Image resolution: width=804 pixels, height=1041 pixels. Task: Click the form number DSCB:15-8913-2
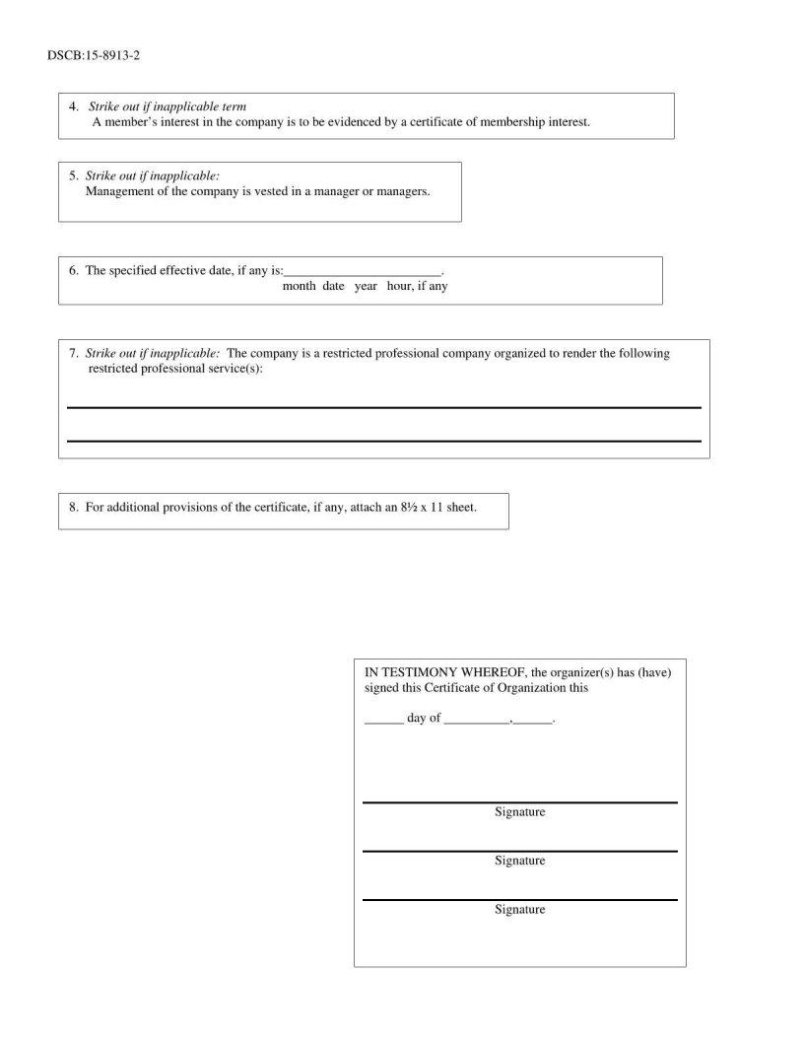pos(94,55)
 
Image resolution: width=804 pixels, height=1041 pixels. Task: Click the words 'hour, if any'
pos(424,287)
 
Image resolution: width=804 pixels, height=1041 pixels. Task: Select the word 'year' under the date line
pos(366,287)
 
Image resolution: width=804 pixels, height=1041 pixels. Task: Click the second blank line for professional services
pos(383,440)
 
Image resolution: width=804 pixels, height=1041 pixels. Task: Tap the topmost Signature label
pos(519,812)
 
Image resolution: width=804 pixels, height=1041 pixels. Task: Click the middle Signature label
pos(519,861)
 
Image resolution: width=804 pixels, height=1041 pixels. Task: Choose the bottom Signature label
pos(519,909)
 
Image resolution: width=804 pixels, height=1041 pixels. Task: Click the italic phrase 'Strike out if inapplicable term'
pos(167,106)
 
